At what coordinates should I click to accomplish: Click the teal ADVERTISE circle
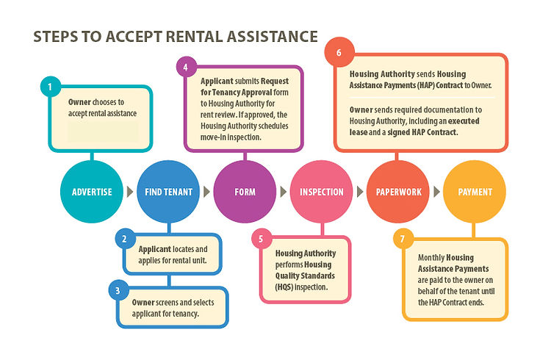[92, 192]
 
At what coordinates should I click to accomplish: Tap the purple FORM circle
[245, 192]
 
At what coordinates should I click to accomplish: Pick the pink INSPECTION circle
[321, 192]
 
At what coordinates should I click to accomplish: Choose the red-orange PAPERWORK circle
[397, 192]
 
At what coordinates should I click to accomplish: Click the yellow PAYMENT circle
[475, 192]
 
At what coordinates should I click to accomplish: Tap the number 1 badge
[50, 88]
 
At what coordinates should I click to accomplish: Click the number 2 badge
[125, 239]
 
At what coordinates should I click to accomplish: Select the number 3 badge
[118, 289]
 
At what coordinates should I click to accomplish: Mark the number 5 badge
[261, 238]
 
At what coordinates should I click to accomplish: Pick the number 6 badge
[339, 54]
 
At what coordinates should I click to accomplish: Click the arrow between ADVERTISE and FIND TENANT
[131, 192]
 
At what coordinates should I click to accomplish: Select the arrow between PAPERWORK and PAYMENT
[436, 192]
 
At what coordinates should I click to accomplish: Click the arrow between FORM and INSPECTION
[284, 192]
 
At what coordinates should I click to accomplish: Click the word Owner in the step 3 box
[143, 302]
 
